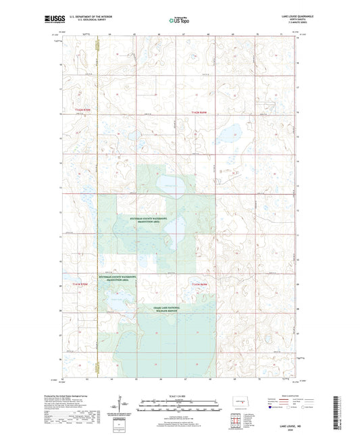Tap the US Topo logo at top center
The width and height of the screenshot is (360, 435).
[x=178, y=20]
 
